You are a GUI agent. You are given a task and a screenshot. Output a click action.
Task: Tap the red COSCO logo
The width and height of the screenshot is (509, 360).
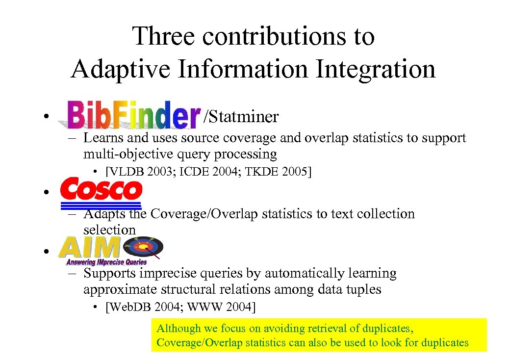click(102, 190)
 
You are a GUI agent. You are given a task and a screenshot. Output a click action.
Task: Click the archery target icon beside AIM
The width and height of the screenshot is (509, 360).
click(148, 246)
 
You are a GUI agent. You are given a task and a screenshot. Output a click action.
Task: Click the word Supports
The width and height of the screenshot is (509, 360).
click(109, 273)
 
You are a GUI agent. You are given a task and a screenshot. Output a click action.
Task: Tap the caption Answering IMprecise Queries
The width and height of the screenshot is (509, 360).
click(107, 262)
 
